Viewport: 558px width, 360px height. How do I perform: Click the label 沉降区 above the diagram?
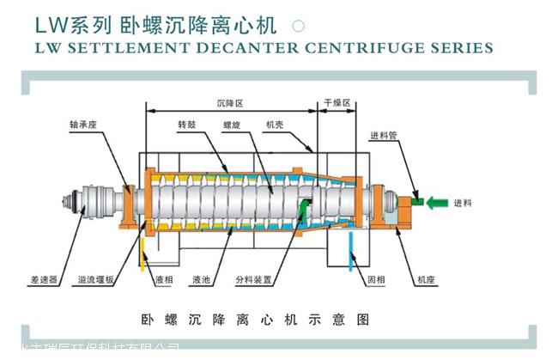(x=230, y=102)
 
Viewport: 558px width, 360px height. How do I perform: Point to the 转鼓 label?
(x=187, y=124)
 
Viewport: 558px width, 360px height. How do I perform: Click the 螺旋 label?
(x=231, y=124)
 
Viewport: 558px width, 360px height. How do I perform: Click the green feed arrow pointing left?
(x=437, y=202)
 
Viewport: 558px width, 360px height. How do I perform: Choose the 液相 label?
(x=164, y=280)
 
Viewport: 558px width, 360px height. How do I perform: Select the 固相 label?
(x=375, y=280)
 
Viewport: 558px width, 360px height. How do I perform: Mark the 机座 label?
(x=426, y=280)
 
